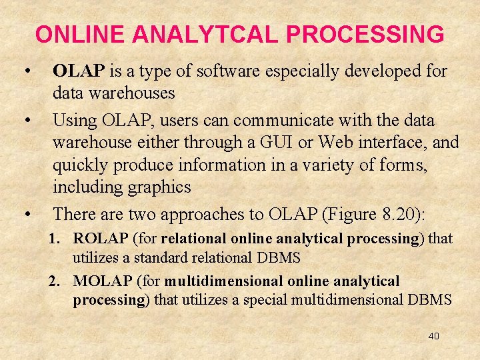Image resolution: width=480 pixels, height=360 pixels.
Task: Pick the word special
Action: point(264,299)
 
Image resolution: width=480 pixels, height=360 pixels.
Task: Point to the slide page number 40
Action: point(433,336)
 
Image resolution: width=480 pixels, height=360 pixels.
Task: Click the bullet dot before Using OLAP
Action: point(27,121)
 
